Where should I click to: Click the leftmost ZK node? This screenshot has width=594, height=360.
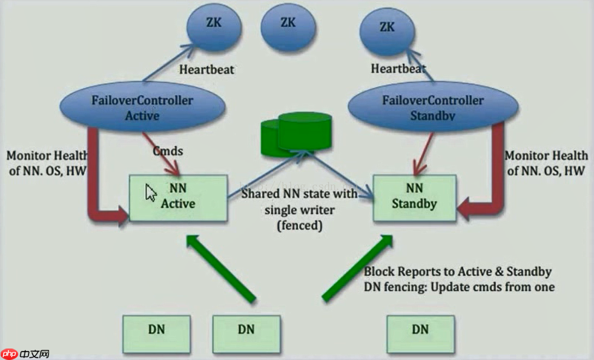click(x=213, y=24)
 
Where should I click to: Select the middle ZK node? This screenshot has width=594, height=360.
click(x=288, y=23)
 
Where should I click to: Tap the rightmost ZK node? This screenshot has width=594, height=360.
click(x=388, y=28)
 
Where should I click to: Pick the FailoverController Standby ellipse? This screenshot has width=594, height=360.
click(x=432, y=106)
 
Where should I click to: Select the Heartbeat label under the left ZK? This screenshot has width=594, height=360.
click(x=206, y=69)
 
